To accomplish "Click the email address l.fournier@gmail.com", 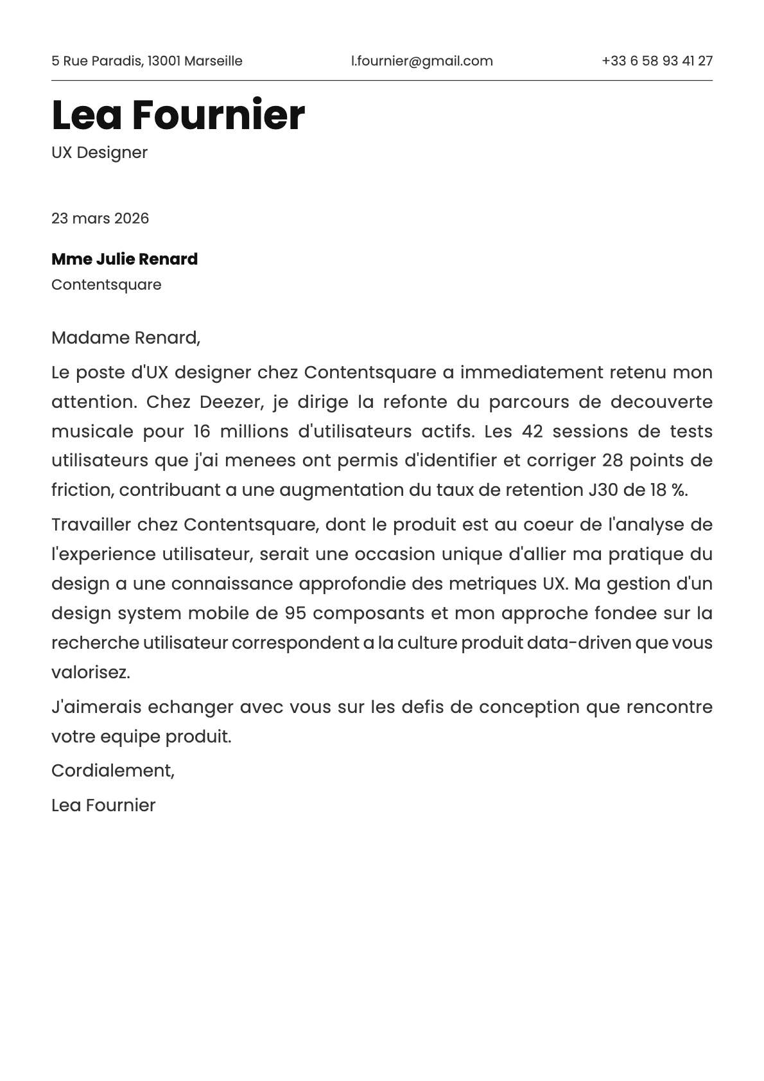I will click(x=422, y=61).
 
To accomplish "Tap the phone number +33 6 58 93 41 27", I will click(x=657, y=61).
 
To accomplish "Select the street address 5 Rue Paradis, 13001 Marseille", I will click(x=147, y=61).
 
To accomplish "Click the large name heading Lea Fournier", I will click(x=178, y=116).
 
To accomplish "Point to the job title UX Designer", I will click(x=100, y=153).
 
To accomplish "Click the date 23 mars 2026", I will click(x=100, y=218).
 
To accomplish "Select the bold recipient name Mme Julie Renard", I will click(x=125, y=259).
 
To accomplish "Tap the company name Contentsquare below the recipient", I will click(x=107, y=285).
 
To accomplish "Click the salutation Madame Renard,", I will click(x=126, y=338).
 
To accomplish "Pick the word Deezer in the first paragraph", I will click(x=231, y=402).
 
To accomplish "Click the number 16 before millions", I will click(x=202, y=432).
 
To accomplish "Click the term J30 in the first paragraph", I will click(x=603, y=490).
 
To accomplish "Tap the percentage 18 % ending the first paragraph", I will click(x=668, y=490).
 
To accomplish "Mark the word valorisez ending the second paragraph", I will click(x=91, y=672).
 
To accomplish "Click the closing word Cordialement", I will click(x=112, y=771).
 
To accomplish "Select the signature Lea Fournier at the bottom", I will click(x=103, y=805).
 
